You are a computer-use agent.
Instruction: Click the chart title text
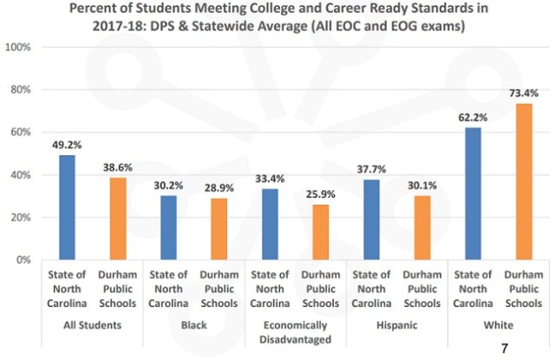tap(277, 17)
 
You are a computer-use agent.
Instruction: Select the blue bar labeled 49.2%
tap(67, 207)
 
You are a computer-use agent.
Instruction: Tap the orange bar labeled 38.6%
tap(117, 219)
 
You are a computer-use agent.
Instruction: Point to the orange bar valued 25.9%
tap(318, 232)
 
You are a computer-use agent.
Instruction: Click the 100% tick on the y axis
tap(19, 47)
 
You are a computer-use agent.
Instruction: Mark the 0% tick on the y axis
tap(23, 259)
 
